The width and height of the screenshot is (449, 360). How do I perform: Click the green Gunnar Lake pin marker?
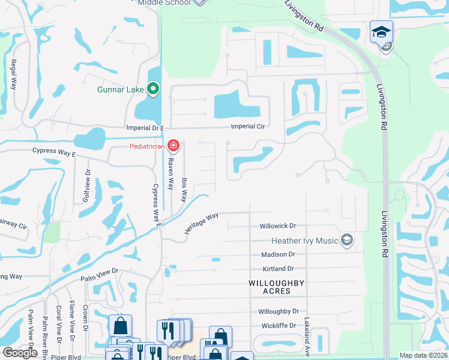pos(153,90)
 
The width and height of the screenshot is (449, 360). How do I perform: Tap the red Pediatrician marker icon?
pos(173,145)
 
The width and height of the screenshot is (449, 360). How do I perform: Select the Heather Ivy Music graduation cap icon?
pos(346,241)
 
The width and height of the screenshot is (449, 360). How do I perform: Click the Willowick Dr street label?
pos(278,226)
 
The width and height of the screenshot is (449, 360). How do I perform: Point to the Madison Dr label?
pos(277,254)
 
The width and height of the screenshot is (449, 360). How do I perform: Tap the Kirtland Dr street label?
pos(278,269)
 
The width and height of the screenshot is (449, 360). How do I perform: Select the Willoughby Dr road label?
pos(279,311)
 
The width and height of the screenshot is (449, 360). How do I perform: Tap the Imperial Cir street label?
pos(249,127)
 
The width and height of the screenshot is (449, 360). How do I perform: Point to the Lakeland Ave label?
pos(306,334)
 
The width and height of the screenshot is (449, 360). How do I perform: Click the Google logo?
pos(20,353)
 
